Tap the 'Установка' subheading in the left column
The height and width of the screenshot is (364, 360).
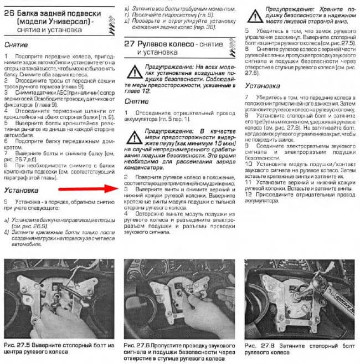[20, 191]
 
